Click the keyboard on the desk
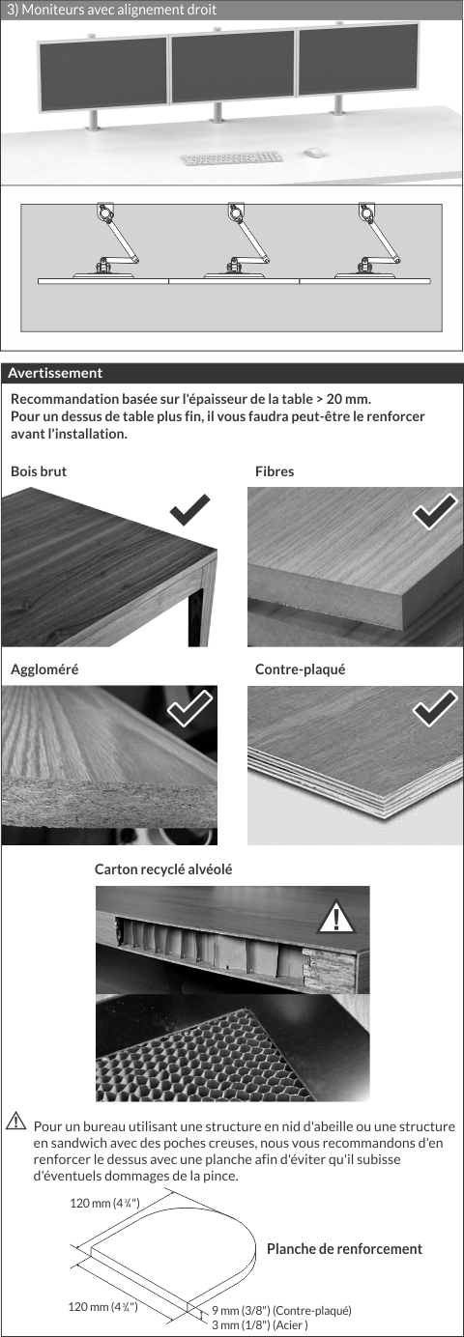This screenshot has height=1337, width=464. pos(231,158)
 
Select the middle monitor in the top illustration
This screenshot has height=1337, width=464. pos(233,67)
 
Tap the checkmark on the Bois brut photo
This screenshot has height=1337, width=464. pos(189,510)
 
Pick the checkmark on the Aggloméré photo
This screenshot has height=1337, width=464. pos(189,708)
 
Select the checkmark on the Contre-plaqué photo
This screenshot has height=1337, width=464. pos(435,708)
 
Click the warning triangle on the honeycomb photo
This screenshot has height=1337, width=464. pos(336,917)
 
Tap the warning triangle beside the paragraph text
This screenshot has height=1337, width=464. pos(15,1121)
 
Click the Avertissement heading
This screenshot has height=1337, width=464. pos(55,373)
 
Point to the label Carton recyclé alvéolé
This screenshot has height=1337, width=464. pos(163,869)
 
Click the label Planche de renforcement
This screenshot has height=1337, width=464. pos(344,1249)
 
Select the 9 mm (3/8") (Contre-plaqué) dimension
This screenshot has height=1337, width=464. pos(282,1311)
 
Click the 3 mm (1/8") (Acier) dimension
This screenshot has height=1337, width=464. pos(260,1325)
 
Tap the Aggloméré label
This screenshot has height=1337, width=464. pos(44,669)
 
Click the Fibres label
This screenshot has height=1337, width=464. pos(275,471)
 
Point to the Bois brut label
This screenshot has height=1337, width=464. pos(39,471)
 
